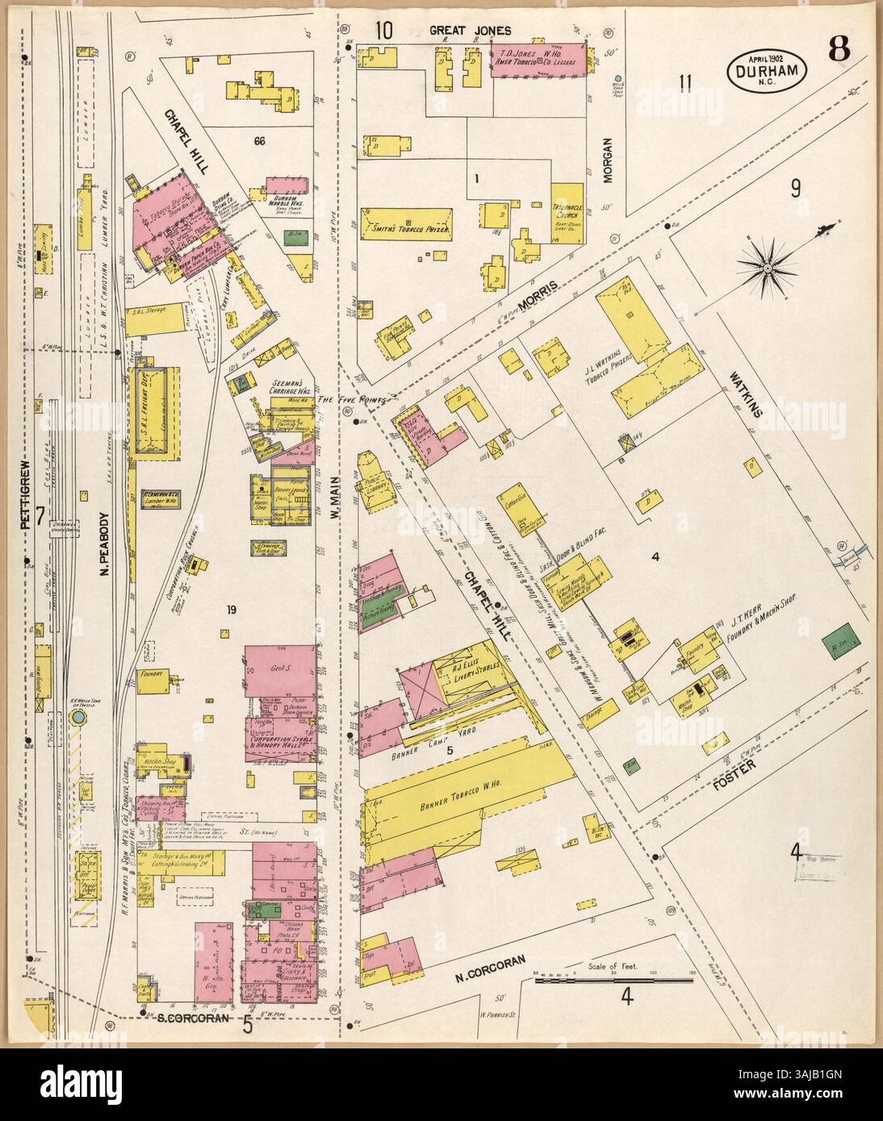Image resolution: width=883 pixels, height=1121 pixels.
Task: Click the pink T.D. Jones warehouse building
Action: pos(538,60)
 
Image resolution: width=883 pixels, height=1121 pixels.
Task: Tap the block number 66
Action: pos(259,141)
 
